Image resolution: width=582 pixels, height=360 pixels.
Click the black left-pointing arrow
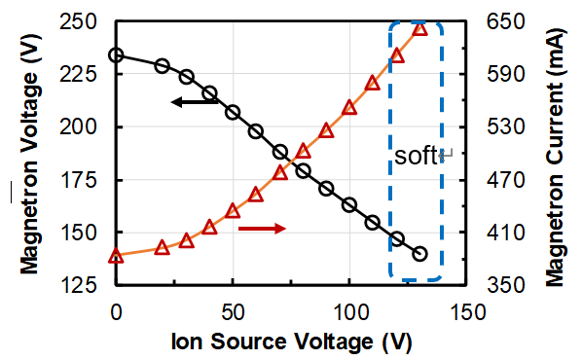tap(195, 101)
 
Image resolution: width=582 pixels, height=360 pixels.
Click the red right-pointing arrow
tap(262, 228)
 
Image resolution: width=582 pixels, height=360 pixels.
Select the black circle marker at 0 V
tap(116, 54)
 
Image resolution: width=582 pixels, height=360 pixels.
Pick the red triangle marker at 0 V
tap(116, 256)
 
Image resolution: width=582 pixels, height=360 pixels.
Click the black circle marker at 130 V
tap(420, 254)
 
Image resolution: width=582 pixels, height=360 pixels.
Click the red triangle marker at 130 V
tap(420, 28)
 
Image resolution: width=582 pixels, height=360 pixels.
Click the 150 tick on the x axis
tap(467, 311)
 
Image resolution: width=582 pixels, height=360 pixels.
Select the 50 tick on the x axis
tap(233, 311)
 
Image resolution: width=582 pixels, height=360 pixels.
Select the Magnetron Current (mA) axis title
tap(555, 154)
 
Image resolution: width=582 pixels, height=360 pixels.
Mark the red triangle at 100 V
tap(350, 107)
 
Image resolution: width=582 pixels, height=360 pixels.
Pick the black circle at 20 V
tap(163, 66)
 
